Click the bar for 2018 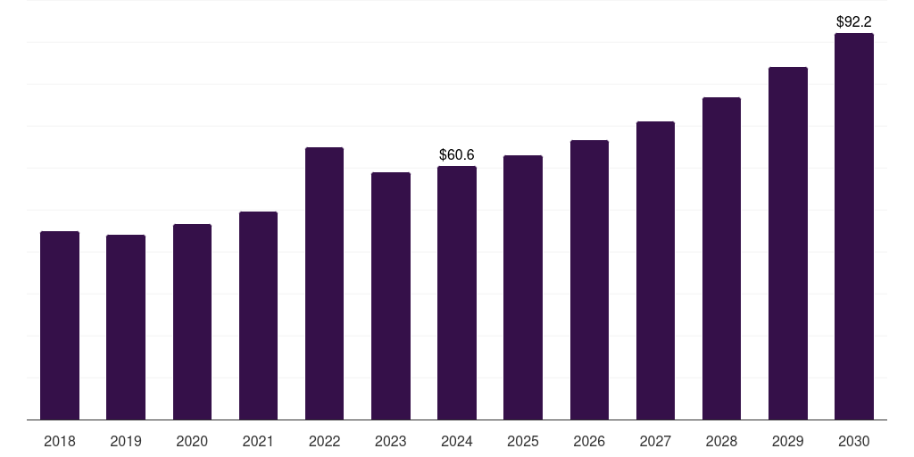point(60,326)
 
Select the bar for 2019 point(126,328)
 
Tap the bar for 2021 point(258,316)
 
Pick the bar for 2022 point(324,284)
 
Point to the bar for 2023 point(391,296)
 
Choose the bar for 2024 point(457,293)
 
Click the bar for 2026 point(589,280)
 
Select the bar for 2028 point(721,259)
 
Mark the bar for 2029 point(788,244)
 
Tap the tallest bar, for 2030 point(854,227)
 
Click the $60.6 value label point(457,155)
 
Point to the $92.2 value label point(854,21)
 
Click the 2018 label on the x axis point(60,442)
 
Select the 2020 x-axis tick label point(192,442)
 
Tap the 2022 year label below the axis point(324,442)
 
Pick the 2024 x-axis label point(457,442)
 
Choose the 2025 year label point(523,442)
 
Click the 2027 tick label point(655,442)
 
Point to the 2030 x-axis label point(854,442)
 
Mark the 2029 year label point(788,442)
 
